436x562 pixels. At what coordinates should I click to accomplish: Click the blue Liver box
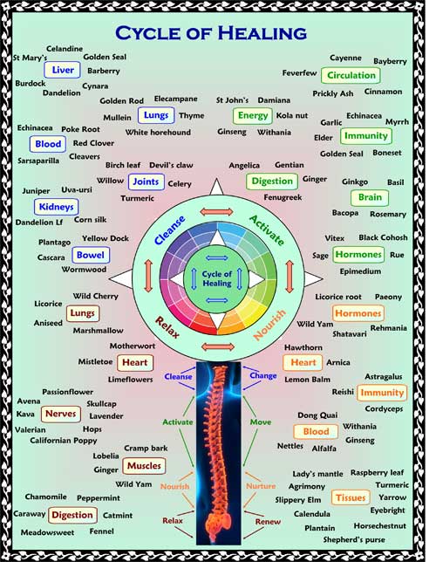pos(62,70)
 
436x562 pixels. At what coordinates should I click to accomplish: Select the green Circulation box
pos(351,75)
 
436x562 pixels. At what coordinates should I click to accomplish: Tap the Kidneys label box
pos(57,207)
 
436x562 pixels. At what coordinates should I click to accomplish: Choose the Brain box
pos(370,197)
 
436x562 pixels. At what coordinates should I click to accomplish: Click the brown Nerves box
pos(60,414)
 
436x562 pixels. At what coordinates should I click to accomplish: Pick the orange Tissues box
pos(351,497)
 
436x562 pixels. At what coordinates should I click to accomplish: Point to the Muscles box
pos(144,466)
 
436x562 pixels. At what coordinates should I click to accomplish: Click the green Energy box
pos(253,115)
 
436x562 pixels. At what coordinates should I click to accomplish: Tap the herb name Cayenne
pos(345,58)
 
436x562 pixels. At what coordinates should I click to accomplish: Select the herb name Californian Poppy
pos(64,440)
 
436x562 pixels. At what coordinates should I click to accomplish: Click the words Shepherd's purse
pos(354,539)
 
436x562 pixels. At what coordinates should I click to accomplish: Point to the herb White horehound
pos(158,133)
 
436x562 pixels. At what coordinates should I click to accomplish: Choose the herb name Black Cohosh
pos(383,237)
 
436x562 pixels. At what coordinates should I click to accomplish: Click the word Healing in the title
pos(262,33)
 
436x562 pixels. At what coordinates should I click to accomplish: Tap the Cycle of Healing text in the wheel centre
pos(217,278)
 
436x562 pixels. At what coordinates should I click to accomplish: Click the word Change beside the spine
pos(263,375)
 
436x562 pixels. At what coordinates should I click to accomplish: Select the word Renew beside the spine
pos(268,522)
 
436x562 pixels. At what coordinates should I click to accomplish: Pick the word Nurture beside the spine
pos(261,486)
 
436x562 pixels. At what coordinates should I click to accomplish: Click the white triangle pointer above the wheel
pos(216,187)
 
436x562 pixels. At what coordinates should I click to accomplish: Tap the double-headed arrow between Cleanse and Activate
pos(216,212)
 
